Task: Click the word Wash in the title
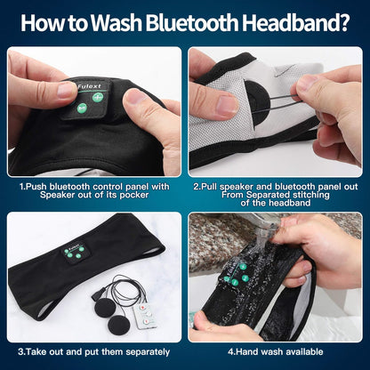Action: pos(117,23)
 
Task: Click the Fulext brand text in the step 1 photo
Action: pos(89,87)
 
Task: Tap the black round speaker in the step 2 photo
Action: pos(257,103)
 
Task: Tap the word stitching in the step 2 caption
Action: pos(311,195)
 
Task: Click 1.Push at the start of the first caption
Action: pos(33,187)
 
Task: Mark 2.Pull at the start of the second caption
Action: pos(205,187)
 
